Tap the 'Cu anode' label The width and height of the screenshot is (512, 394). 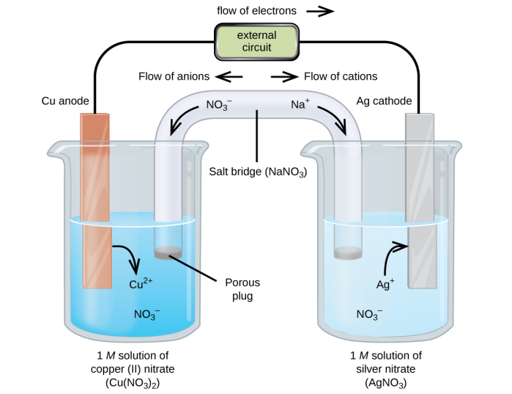click(66, 101)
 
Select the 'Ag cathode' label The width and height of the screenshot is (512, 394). click(384, 101)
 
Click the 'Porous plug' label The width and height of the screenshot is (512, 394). click(242, 289)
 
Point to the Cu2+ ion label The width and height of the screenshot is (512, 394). click(141, 283)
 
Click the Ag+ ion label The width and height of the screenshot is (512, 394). click(385, 283)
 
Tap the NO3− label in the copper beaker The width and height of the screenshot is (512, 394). click(147, 314)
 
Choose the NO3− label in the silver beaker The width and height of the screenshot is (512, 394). click(369, 314)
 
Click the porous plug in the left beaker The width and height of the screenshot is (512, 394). click(169, 252)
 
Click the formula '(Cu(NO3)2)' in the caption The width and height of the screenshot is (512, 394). click(133, 382)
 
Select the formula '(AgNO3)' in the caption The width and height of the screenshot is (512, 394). click(385, 382)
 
